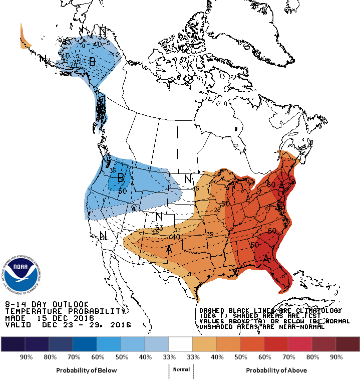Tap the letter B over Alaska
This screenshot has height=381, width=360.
coord(92,61)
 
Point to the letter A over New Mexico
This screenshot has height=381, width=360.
coord(169,249)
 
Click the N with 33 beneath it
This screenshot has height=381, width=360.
coord(160,217)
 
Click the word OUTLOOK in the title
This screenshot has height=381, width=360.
coord(69,304)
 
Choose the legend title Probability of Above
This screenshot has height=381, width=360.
coord(276,370)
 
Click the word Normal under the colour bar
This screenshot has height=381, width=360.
coord(181,370)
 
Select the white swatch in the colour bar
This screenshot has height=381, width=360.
coord(181,344)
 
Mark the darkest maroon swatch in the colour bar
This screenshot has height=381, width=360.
coord(348,344)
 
